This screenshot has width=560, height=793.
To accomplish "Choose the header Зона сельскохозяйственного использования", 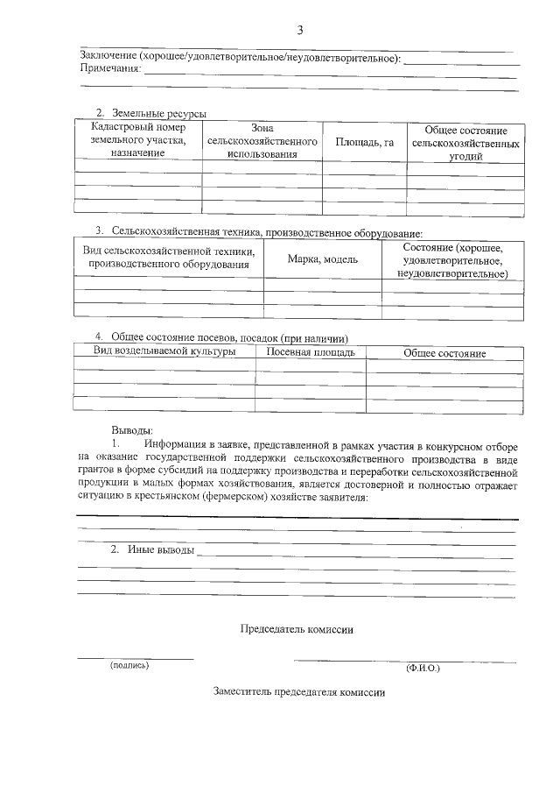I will click(262, 140).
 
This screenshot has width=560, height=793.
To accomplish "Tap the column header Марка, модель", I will click(322, 259).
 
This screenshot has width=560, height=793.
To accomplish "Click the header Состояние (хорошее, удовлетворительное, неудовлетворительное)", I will click(452, 260).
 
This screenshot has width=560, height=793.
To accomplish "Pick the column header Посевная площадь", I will click(310, 352).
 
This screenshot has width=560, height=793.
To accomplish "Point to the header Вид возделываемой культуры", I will click(164, 351).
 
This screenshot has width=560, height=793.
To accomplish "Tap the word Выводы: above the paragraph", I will click(132, 430).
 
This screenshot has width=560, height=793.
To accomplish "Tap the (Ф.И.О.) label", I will click(423, 668).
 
